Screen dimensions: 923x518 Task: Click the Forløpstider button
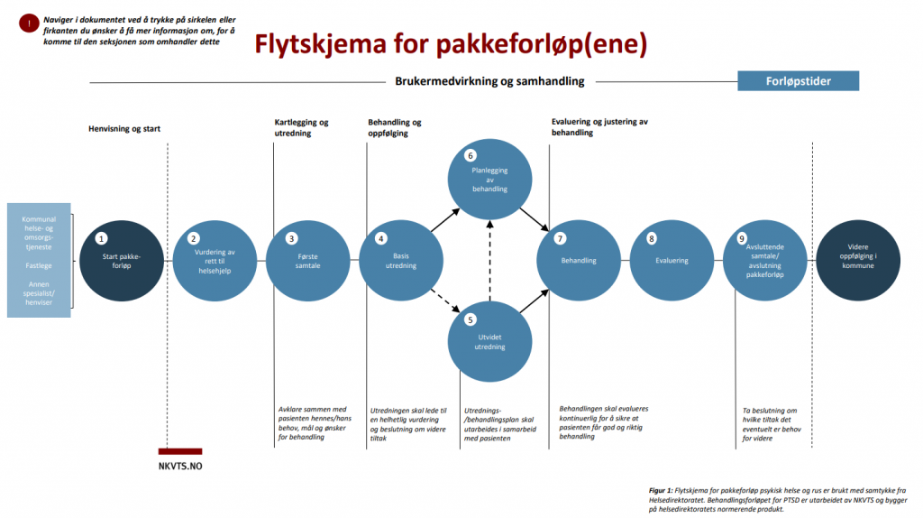pos(798,80)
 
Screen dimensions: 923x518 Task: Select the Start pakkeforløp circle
pos(122,261)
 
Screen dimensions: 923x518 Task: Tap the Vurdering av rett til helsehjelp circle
pos(215,261)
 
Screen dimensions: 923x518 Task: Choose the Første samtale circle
pos(308,261)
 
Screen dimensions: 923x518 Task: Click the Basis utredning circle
pos(401,261)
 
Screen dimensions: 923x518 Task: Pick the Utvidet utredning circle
pos(489,341)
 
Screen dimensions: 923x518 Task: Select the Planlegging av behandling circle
pos(489,180)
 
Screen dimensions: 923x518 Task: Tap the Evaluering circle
pos(672,261)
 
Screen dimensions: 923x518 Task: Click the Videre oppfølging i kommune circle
pos(858,261)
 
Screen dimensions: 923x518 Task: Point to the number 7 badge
pos(560,238)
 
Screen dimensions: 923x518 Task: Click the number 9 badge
pos(742,238)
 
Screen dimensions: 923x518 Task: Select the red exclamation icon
pos(29,23)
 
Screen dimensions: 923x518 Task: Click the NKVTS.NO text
pos(180,467)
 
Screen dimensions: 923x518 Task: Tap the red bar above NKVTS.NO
pos(180,451)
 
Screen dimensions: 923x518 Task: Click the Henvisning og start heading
pos(124,128)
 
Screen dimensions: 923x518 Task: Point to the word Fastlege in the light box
pos(39,266)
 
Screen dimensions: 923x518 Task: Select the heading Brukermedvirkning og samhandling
pos(489,81)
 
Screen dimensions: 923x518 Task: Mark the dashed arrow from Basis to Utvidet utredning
pos(445,300)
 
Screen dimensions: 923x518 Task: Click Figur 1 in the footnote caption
pos(661,490)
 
